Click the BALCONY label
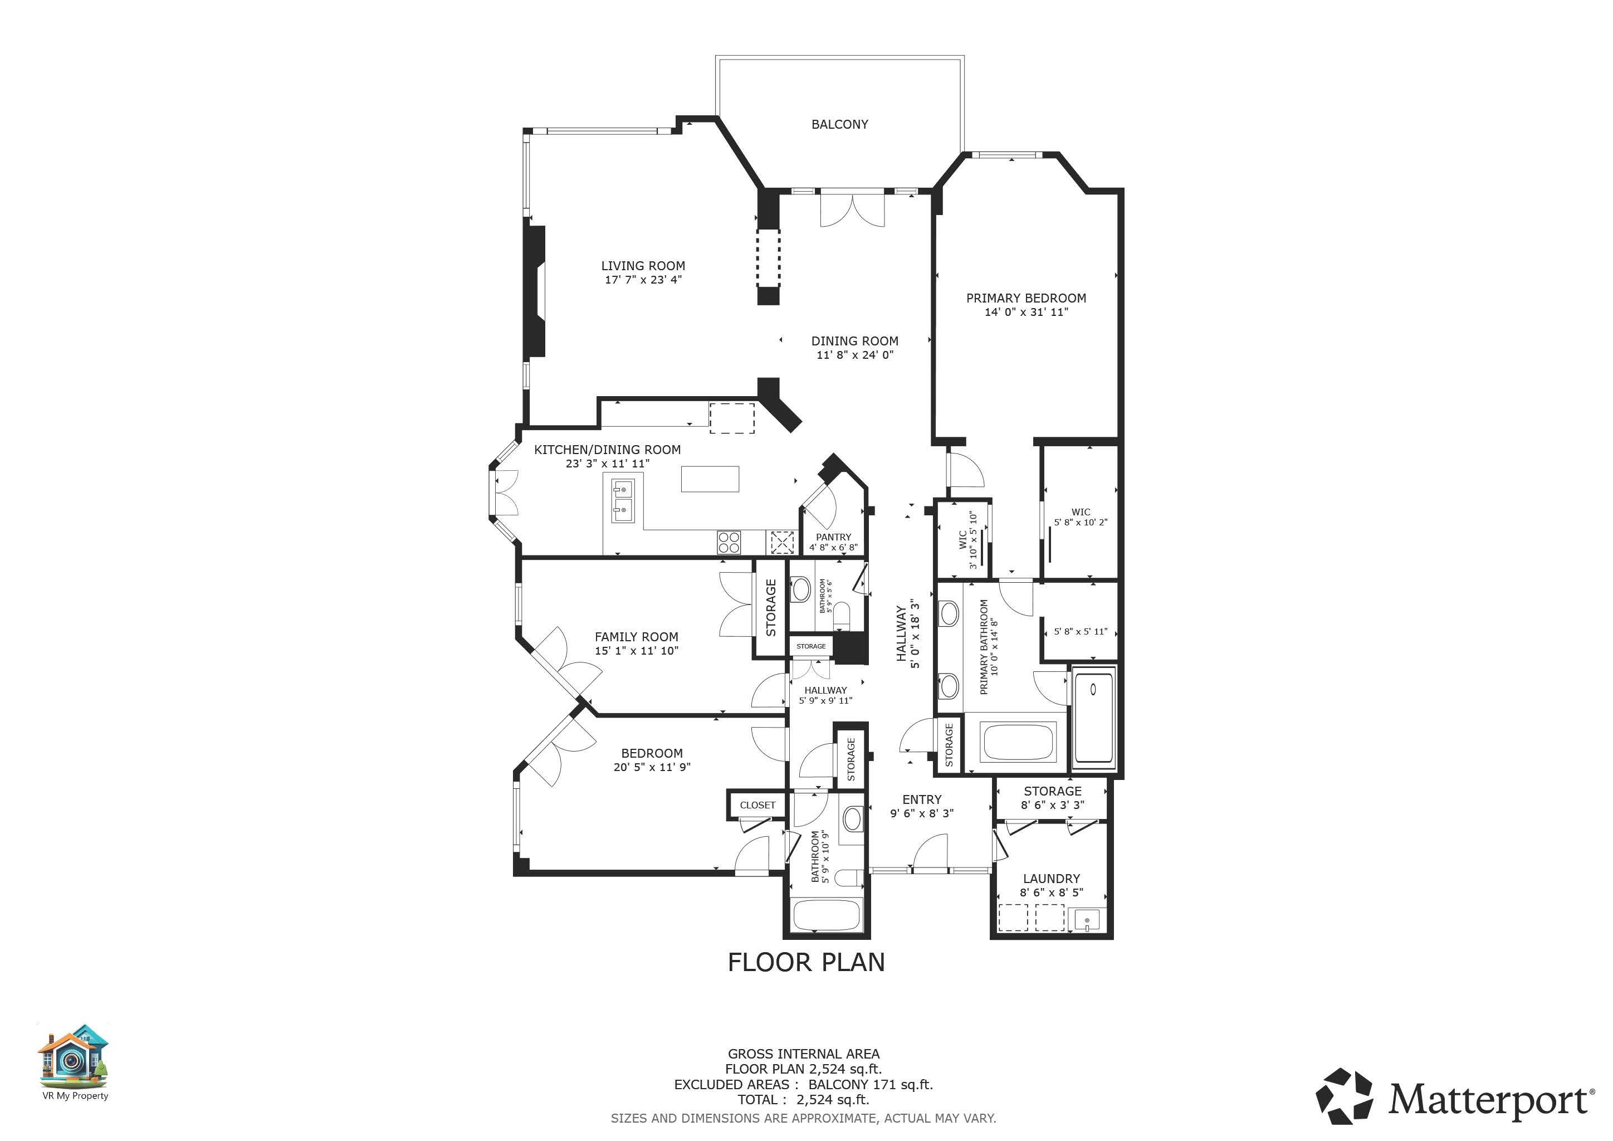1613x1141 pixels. pyautogui.click(x=839, y=124)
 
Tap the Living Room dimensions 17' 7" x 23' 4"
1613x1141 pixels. pyautogui.click(x=643, y=280)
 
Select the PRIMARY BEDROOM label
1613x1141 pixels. pyautogui.click(x=1026, y=298)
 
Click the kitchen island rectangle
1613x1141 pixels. pyautogui.click(x=710, y=479)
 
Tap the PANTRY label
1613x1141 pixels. pyautogui.click(x=833, y=537)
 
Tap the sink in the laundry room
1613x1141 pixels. pyautogui.click(x=1087, y=920)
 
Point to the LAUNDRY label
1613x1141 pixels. pyautogui.click(x=1051, y=878)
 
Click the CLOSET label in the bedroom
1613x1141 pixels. pyautogui.click(x=757, y=805)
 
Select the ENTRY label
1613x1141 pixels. pyautogui.click(x=922, y=799)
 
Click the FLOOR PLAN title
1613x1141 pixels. pyautogui.click(x=806, y=962)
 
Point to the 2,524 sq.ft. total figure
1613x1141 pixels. pyautogui.click(x=833, y=1100)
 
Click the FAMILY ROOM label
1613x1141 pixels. pyautogui.click(x=637, y=637)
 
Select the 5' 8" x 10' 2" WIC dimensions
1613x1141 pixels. pyautogui.click(x=1081, y=522)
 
